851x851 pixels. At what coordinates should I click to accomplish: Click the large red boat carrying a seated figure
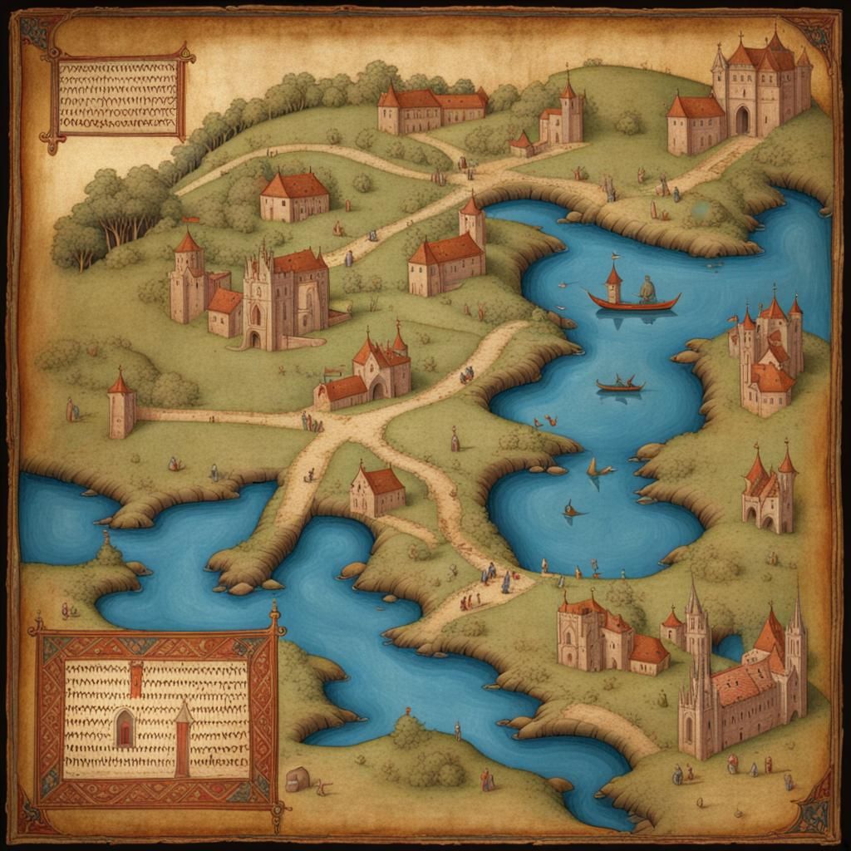pos(633,300)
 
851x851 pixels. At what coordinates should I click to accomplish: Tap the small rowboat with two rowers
pos(620,385)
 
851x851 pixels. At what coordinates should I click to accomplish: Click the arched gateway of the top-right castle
pos(741,121)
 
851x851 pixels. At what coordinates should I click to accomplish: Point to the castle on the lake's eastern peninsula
pos(767,357)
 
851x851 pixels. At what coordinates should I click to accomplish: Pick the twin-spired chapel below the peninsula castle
pos(769,492)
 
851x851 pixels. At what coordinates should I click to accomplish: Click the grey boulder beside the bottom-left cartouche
pos(298,779)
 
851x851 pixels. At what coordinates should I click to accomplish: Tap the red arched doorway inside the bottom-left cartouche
pos(124,729)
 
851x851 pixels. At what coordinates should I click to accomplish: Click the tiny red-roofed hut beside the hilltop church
pos(521,145)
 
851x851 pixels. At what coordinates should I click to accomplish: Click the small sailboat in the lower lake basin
pos(598,470)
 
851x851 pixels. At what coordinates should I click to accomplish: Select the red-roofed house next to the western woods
pos(293,196)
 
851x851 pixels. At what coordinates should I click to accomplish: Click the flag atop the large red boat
pos(614,258)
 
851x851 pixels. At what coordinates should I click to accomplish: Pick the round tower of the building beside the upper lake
pos(472,221)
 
